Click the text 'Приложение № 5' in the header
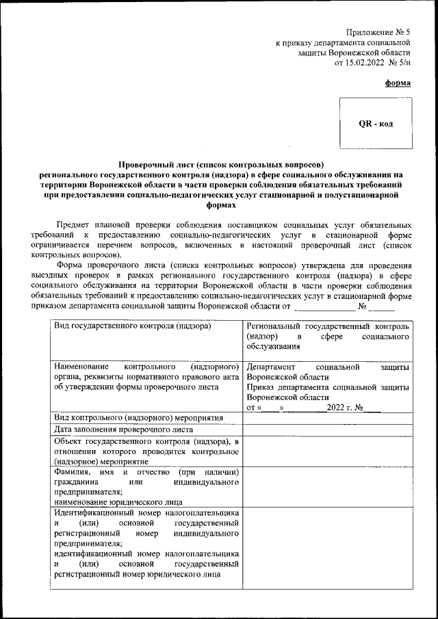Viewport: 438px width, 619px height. pos(378,32)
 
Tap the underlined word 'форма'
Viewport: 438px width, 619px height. pos(398,83)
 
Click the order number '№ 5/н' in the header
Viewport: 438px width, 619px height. pos(400,63)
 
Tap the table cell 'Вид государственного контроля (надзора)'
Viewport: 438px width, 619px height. pos(132,326)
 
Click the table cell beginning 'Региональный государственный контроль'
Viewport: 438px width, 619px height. pos(328,326)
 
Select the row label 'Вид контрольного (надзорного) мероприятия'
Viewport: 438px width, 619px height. pos(139,417)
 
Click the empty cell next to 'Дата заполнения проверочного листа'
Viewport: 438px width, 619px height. pos(328,430)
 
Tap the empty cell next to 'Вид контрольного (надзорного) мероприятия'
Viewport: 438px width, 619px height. pos(328,417)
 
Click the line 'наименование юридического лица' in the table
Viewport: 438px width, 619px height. pos(116,501)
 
